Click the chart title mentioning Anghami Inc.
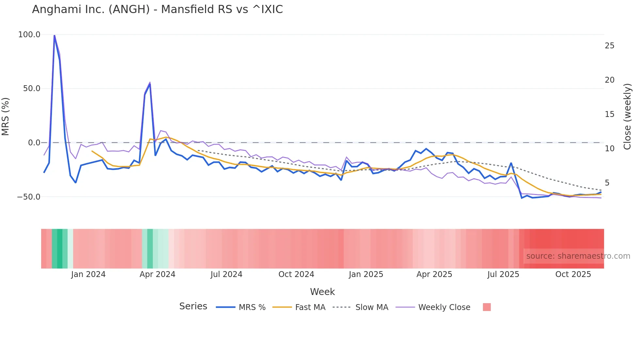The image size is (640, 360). point(157,9)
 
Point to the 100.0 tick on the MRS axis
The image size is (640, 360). point(29,35)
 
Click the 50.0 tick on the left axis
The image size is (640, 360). point(31,89)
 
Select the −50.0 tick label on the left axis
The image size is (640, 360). point(29,197)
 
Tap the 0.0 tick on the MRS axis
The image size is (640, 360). point(34,143)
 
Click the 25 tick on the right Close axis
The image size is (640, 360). point(609,46)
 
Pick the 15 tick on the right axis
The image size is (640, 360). point(609,114)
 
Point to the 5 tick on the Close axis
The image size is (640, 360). point(607,183)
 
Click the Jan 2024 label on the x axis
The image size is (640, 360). point(88,274)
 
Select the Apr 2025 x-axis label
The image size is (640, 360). point(434,274)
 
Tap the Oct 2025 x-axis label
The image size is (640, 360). point(573,274)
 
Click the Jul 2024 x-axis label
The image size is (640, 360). point(226,274)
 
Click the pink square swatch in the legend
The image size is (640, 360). point(487,307)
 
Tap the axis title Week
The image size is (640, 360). point(322,292)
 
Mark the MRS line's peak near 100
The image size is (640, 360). point(54,35)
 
